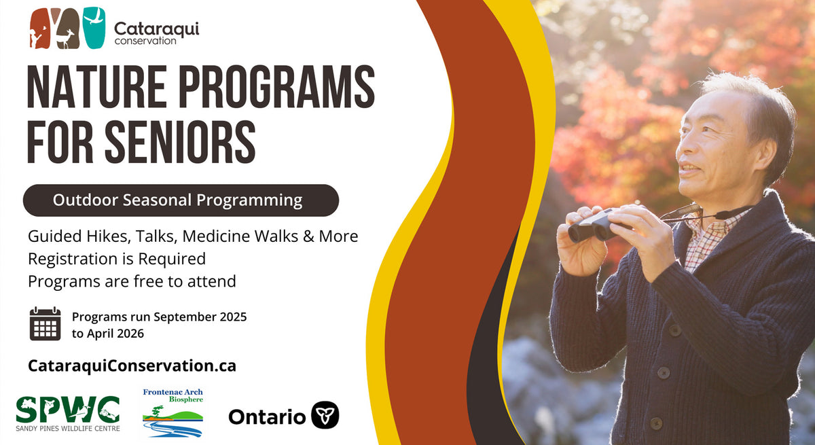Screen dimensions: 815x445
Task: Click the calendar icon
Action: tap(45, 323)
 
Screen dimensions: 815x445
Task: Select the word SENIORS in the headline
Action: tap(180, 141)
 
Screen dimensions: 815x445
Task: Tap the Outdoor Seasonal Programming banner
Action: tap(181, 200)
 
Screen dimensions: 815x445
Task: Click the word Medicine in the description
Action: tap(216, 236)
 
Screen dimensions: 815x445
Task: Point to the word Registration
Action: tap(73, 260)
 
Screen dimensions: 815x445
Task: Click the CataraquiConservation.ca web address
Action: tap(132, 366)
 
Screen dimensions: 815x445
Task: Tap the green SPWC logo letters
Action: tap(68, 410)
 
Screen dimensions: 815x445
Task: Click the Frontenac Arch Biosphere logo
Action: tap(173, 413)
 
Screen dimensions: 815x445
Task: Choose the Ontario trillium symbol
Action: tap(325, 415)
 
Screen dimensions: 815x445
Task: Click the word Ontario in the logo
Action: tap(267, 417)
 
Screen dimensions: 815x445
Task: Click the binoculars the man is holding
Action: tap(597, 226)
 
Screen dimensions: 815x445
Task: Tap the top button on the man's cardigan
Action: tap(675, 330)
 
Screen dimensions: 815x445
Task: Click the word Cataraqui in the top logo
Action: tap(156, 29)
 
